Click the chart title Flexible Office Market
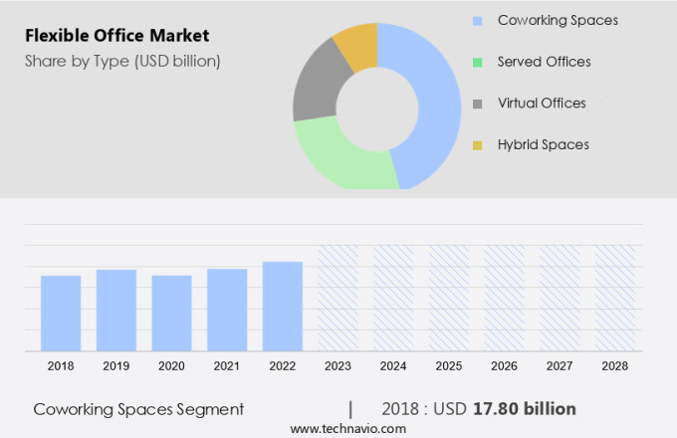tap(117, 36)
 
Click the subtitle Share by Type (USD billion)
tap(122, 61)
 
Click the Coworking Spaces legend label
tap(558, 20)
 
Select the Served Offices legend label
tap(544, 62)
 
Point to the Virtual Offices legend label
tap(542, 103)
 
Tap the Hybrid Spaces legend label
tap(544, 144)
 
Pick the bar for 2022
tap(283, 306)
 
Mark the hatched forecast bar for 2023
tap(338, 298)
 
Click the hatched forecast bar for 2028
tap(615, 298)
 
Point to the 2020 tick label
tap(171, 366)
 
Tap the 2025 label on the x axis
tap(449, 366)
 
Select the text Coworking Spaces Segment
tap(138, 409)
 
